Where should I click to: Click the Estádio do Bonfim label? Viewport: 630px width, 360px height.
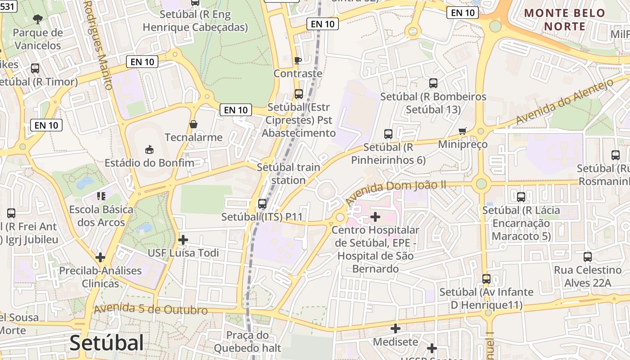coord(149,162)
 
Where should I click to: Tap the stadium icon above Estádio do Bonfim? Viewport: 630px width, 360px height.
coord(149,149)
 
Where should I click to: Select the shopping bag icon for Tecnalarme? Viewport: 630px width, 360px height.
coord(193,124)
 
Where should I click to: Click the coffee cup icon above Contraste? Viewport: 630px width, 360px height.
coord(297,60)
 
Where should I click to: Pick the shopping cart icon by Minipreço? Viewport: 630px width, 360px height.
coord(462,131)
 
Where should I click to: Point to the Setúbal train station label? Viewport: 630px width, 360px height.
coord(288,174)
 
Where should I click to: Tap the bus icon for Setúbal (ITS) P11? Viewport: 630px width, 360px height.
coord(262,204)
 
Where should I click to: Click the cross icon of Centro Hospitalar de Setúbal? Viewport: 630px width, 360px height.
coord(375,217)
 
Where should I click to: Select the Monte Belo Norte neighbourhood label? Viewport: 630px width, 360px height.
coord(565,20)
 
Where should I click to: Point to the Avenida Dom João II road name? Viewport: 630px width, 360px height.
coord(396,191)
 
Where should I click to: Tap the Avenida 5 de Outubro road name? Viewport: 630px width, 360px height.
coord(151,310)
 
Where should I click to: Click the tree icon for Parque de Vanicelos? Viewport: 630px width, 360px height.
coord(38,19)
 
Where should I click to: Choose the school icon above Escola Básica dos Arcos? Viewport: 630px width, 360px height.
coord(101,196)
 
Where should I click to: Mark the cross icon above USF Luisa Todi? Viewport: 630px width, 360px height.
coord(183,240)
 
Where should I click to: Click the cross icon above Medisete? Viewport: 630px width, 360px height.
coord(396,328)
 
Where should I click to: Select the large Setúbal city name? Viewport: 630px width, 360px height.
coord(107,343)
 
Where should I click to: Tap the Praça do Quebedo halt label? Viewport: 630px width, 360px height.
coord(247,342)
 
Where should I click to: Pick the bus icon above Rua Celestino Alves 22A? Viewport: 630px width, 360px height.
coord(588,257)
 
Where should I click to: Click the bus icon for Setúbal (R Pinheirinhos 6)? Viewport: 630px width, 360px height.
coord(388,134)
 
